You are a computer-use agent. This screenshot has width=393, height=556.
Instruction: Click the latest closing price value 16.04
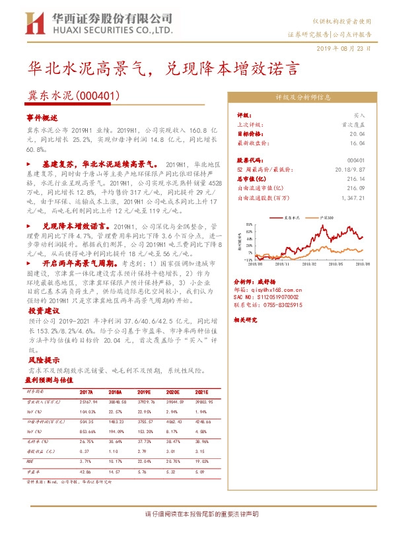[x=357, y=142]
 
